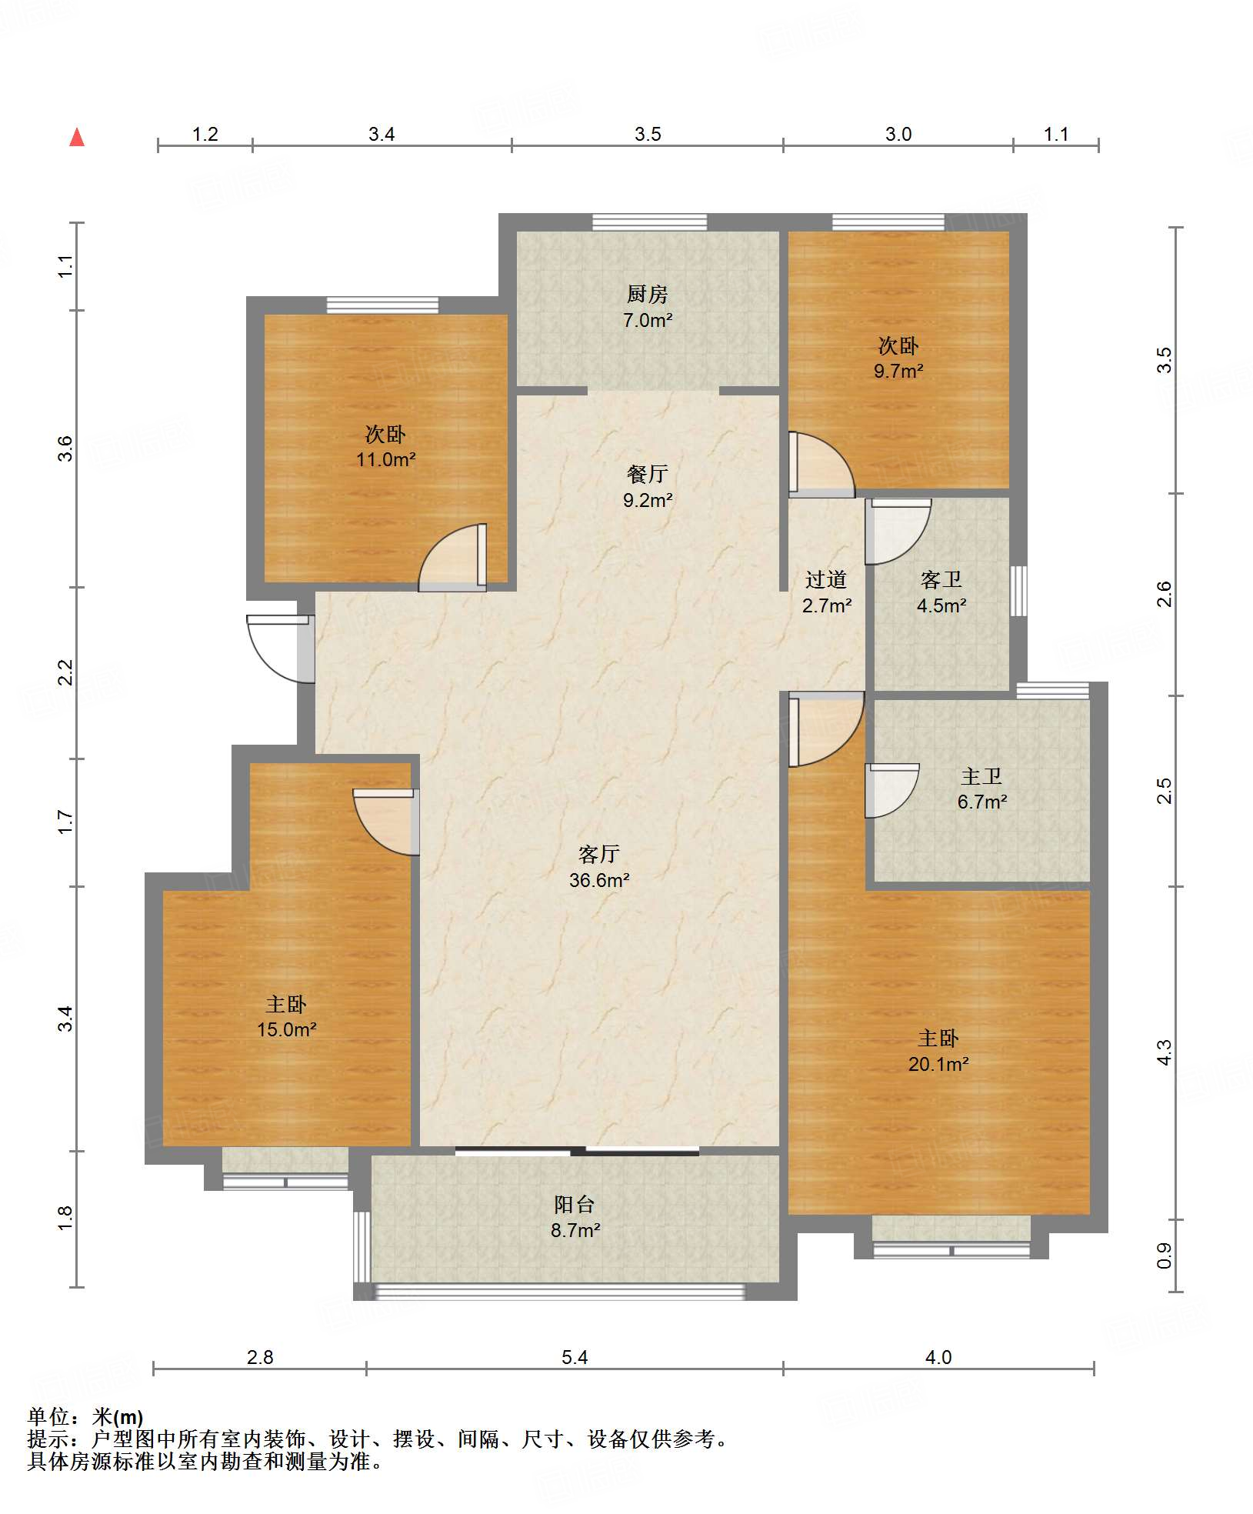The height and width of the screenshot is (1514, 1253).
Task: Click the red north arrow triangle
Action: coord(77,137)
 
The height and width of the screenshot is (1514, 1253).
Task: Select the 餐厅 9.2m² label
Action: coord(648,487)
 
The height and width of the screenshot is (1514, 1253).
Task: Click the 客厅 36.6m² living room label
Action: coord(599,867)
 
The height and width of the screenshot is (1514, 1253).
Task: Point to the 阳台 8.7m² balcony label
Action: coord(575,1217)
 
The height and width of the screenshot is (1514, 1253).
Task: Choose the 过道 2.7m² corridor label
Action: coord(827,592)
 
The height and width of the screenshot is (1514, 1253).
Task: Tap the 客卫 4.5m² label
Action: coord(941,592)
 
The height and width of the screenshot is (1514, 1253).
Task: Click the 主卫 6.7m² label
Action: coord(982,789)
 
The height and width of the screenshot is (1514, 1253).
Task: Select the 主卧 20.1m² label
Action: coord(938,1051)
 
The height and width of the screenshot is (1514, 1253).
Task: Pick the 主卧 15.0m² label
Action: coord(287,1016)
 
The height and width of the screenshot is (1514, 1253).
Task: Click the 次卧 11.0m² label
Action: coord(385,446)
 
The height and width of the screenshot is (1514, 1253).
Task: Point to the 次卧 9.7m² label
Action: coord(898,358)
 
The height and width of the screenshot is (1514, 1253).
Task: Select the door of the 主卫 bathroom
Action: coord(892,790)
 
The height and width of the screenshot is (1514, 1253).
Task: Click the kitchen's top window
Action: coord(649,222)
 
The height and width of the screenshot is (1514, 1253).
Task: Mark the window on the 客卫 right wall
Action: coord(1018,591)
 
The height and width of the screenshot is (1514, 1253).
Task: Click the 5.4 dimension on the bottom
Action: coord(575,1357)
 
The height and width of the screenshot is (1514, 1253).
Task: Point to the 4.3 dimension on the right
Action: coord(1164,1052)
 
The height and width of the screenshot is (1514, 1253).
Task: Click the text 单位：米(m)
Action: coord(85,1416)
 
